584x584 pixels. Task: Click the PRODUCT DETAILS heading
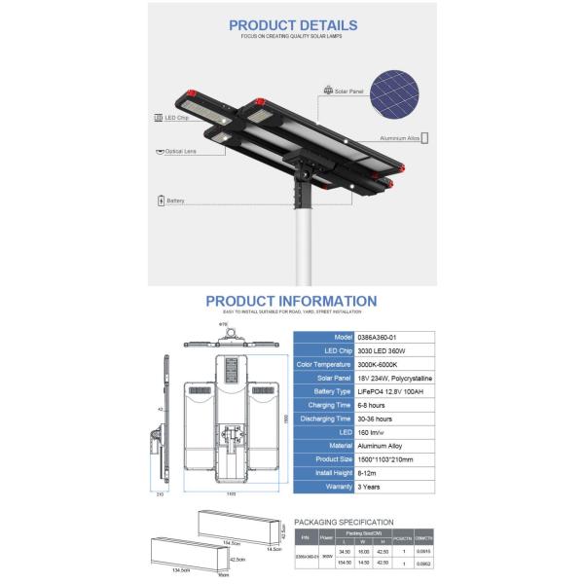click(293, 26)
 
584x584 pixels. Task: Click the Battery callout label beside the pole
click(176, 200)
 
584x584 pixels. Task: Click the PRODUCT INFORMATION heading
click(292, 302)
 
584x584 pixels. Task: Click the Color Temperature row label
click(329, 363)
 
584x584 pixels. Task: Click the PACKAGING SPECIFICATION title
click(344, 523)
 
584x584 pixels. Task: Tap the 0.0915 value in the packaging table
click(422, 551)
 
